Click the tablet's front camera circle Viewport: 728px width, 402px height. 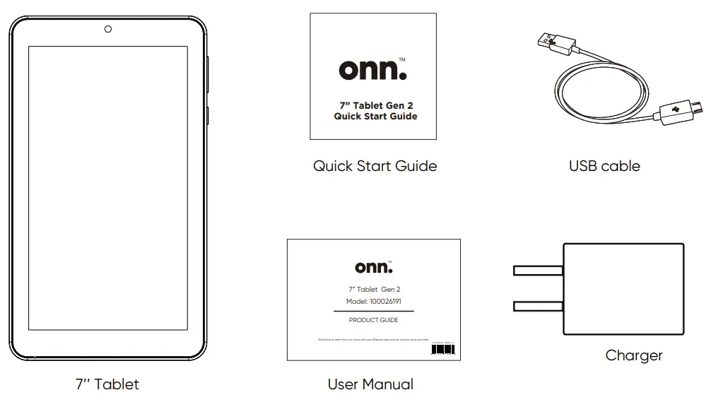click(x=108, y=29)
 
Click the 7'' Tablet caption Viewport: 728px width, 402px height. click(x=107, y=384)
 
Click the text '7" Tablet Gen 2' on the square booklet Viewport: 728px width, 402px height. click(x=375, y=105)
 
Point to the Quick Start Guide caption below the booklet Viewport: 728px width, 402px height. click(x=375, y=166)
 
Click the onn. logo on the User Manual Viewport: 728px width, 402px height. click(x=373, y=267)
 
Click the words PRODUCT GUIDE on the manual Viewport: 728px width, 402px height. click(x=373, y=320)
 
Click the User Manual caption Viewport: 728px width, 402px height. click(x=370, y=384)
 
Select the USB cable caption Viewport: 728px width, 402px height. click(x=604, y=166)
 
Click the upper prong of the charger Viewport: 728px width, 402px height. click(x=537, y=271)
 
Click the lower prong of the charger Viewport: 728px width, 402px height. click(x=537, y=306)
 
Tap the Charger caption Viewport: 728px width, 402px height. click(x=634, y=355)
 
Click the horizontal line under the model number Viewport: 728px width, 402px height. click(x=373, y=311)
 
